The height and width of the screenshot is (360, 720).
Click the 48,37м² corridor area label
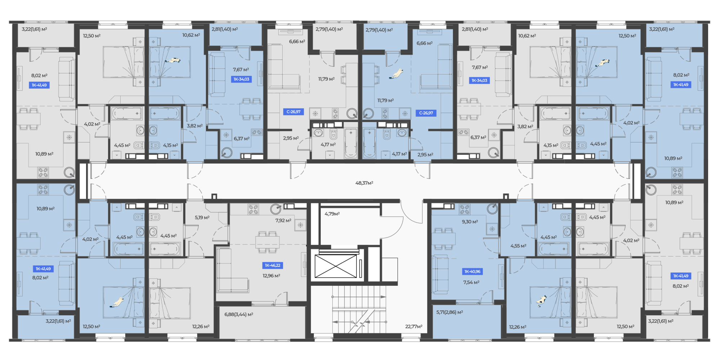coord(364,183)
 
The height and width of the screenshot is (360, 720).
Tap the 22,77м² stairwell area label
coord(414,327)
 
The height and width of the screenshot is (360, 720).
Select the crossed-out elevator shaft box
coord(336,266)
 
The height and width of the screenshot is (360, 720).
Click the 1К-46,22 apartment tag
coord(273,265)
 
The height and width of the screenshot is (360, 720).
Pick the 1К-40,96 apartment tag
coord(472,271)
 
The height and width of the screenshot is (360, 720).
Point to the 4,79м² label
coord(332,214)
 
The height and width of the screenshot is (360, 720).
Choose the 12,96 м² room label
coord(271,276)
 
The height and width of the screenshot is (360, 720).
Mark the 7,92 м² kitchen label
coord(283,220)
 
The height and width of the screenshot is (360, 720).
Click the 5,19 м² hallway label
coord(202,217)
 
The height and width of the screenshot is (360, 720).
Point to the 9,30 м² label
coord(470,222)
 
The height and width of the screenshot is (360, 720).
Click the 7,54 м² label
coord(471,283)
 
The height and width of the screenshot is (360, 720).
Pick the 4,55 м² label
coord(518,246)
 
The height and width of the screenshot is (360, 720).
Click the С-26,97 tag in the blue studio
coord(426,113)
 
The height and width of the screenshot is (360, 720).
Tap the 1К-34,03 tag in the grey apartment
coord(479,81)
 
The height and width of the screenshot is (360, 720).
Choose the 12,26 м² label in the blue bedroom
coord(517,327)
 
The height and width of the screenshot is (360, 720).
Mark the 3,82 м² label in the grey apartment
coord(525,127)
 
